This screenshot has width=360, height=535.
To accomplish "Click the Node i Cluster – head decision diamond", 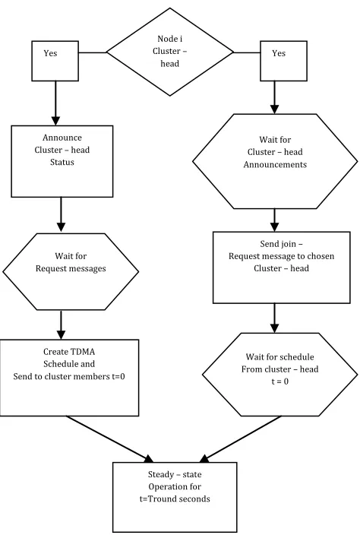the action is (170, 52).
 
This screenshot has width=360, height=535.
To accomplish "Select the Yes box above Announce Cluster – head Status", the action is (55, 61).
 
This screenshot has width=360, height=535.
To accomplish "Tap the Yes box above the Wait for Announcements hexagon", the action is (283, 61).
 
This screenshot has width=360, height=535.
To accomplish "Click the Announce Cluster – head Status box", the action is (62, 161).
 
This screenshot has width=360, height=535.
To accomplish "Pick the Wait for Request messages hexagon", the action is (71, 271).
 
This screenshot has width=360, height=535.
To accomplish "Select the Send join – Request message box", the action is (281, 267).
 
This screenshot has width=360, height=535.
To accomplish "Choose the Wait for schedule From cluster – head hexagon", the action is (280, 375).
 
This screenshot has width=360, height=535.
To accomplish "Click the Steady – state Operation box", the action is (175, 497).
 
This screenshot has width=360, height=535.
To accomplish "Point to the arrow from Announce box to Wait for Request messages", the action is (61, 214).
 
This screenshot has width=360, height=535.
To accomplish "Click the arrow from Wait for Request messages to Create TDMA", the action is (61, 324).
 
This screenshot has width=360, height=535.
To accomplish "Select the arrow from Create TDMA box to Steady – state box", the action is (110, 439).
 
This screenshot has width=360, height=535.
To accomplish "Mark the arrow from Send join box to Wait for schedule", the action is (274, 318).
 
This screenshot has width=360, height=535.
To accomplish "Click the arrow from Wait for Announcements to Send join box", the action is (274, 220).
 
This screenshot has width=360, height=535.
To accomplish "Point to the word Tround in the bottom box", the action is (163, 499).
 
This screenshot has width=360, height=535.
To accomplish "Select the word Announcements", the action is (275, 164).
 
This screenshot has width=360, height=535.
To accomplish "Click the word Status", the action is (62, 162).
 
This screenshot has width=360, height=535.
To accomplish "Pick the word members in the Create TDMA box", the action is (93, 376).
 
